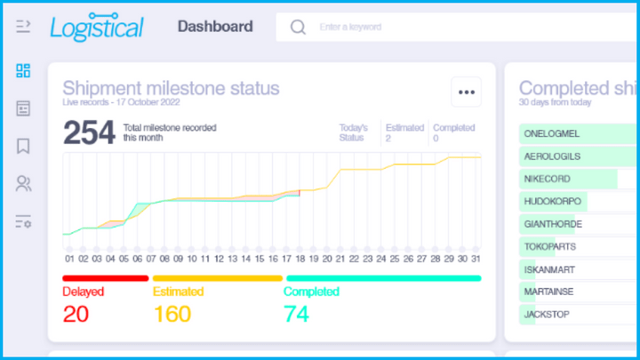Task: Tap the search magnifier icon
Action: tap(298, 28)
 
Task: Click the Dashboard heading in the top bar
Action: tap(215, 27)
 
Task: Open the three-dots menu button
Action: tap(466, 91)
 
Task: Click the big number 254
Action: tap(89, 132)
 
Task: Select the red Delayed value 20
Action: tap(76, 314)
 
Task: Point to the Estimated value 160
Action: tap(172, 314)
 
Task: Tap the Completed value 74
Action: tap(297, 314)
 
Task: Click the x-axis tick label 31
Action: tap(475, 259)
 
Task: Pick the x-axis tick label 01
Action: tap(69, 259)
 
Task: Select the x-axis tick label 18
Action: tap(300, 259)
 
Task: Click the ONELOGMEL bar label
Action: tap(552, 133)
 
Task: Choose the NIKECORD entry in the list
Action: tap(548, 179)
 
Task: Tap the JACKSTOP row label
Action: tap(548, 315)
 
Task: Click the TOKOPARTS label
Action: tap(550, 247)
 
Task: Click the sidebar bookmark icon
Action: tap(23, 146)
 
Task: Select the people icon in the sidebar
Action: tap(23, 184)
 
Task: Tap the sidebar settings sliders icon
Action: tap(23, 222)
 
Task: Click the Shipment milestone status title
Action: tap(171, 88)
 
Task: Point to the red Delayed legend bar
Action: tap(105, 278)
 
